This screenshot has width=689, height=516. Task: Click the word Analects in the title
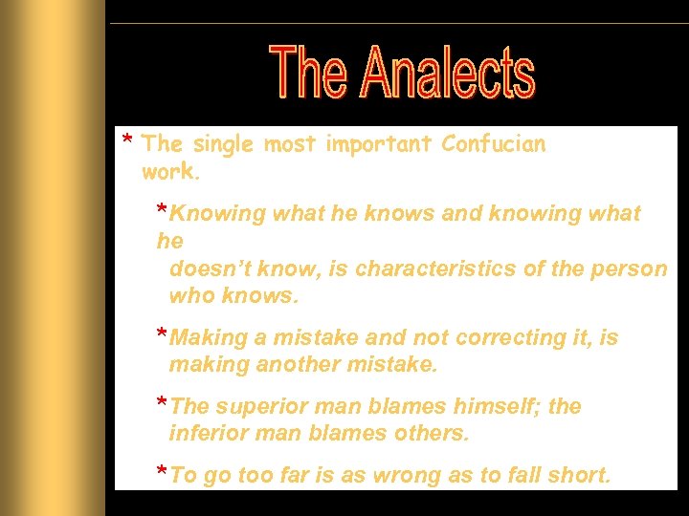click(447, 74)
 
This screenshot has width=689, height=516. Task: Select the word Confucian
click(493, 144)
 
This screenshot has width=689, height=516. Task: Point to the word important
click(379, 145)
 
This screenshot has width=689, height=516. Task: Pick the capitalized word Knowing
click(218, 213)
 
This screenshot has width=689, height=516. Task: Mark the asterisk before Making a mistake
click(163, 335)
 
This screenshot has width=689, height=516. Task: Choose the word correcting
click(519, 337)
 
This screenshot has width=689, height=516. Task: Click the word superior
click(261, 407)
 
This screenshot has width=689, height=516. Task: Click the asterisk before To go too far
click(163, 474)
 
